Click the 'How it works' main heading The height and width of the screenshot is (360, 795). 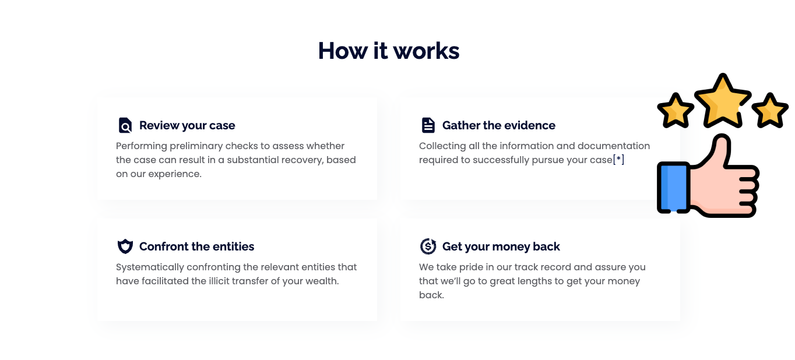(389, 51)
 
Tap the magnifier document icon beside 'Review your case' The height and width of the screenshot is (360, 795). (125, 125)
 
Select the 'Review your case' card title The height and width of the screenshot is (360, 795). (187, 125)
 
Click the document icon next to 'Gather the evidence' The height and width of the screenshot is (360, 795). (428, 125)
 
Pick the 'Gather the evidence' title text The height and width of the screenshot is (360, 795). (499, 125)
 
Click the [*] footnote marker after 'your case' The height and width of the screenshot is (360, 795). (618, 160)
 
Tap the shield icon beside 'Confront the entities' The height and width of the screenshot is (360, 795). (125, 246)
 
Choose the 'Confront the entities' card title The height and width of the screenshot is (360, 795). (196, 246)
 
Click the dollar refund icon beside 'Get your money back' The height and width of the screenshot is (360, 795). (428, 246)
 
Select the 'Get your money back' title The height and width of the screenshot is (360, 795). (501, 246)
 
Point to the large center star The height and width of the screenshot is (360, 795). (723, 101)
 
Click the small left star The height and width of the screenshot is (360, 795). (676, 110)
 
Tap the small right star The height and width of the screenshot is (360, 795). (770, 110)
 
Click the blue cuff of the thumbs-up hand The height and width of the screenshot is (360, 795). (673, 187)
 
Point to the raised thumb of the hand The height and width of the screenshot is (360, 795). (717, 149)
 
